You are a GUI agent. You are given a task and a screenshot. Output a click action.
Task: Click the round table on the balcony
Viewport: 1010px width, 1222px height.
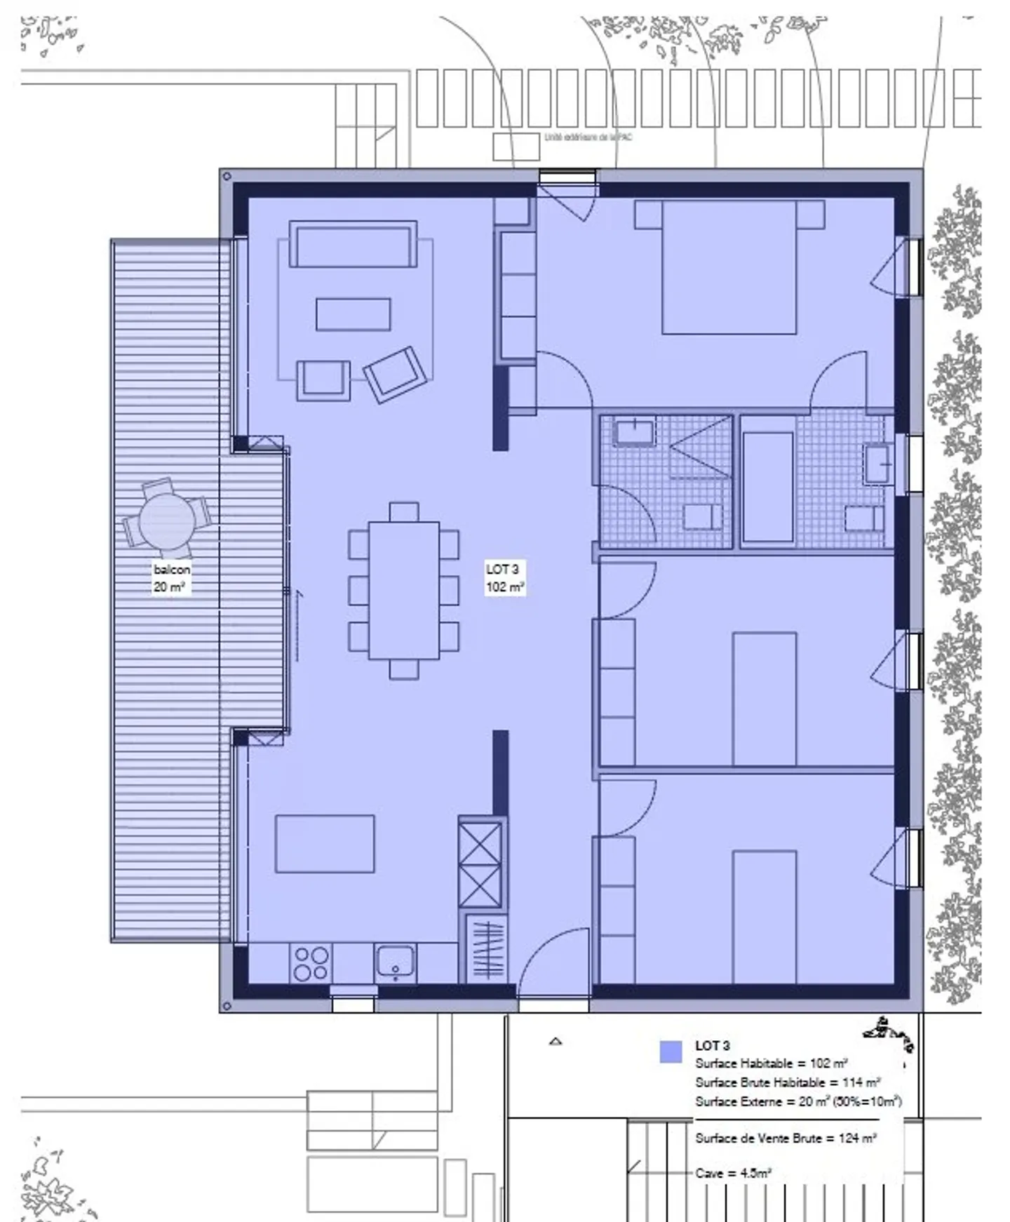coord(167,521)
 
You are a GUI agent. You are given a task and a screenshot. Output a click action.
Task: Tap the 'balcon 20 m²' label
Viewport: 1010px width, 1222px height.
coord(171,578)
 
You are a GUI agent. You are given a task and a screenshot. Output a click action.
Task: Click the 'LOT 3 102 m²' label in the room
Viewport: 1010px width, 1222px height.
coord(504,578)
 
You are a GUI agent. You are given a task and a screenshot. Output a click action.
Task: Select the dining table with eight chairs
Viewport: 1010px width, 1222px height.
coord(403,589)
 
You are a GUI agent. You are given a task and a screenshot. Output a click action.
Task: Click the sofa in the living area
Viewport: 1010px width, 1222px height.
coord(353,245)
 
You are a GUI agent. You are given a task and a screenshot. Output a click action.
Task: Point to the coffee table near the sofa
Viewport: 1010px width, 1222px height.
coord(353,314)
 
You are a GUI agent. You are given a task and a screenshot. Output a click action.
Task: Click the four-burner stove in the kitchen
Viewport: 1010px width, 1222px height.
coord(311,963)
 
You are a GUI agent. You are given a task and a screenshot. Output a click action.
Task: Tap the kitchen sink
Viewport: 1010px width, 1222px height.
coord(395,962)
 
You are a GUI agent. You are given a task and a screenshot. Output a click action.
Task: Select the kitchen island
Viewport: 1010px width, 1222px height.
coord(324,843)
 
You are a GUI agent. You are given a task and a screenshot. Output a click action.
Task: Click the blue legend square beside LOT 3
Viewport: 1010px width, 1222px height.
coord(671,1052)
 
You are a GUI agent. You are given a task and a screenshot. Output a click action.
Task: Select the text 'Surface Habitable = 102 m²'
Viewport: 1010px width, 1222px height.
coord(771,1063)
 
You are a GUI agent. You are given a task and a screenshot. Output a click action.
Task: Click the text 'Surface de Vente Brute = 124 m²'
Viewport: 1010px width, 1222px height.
coord(785,1138)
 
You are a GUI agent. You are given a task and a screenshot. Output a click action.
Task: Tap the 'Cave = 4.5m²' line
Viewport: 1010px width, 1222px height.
coord(733,1172)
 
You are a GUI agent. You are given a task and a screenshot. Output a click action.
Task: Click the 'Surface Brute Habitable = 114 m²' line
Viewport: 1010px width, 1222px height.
coord(787,1082)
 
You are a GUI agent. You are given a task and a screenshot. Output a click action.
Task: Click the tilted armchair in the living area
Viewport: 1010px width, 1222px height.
coord(395,375)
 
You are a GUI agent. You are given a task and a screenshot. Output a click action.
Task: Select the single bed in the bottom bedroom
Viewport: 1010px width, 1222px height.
coord(764,915)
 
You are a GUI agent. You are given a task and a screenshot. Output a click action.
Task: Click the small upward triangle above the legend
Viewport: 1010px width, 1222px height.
coord(555,1042)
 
